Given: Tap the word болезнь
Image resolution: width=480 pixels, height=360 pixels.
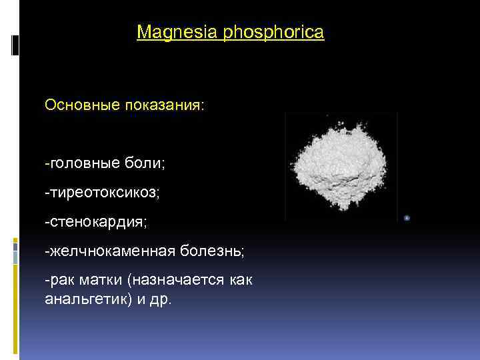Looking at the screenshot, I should (x=211, y=251).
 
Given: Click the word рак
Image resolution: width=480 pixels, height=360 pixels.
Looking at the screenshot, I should (x=59, y=281).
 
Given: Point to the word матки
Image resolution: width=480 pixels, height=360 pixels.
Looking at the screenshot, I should (x=101, y=281).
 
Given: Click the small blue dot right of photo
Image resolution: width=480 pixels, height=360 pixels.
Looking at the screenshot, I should (x=407, y=217).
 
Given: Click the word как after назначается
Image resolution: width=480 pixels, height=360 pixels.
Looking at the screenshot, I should (x=239, y=281).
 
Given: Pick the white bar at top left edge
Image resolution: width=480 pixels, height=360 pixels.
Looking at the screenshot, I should (x=15, y=45).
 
